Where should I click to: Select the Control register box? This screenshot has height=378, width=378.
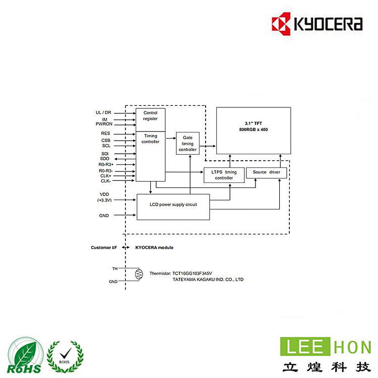click(x=150, y=116)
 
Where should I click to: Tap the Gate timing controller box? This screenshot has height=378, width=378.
click(x=187, y=144)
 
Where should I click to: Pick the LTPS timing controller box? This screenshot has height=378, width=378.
click(x=224, y=175)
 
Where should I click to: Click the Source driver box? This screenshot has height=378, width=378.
click(x=267, y=172)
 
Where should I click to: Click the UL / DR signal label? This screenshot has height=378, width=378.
click(x=103, y=112)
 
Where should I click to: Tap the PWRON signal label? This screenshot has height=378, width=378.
click(x=103, y=124)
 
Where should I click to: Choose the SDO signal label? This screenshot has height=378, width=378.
click(x=104, y=159)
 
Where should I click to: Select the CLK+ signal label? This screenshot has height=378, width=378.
click(x=105, y=175)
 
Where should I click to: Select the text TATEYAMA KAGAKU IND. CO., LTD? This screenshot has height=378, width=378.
click(x=208, y=279)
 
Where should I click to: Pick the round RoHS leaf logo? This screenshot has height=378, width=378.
click(x=24, y=356)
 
